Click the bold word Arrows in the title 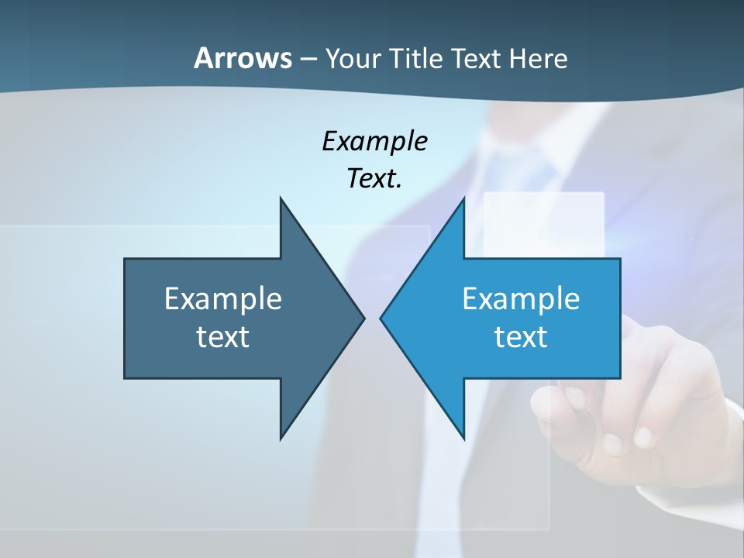coord(243,58)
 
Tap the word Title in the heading coord(417,58)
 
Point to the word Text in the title coord(476,58)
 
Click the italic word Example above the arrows coord(374,141)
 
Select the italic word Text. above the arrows coord(374,178)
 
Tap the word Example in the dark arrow coord(223,298)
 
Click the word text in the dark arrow coord(223,337)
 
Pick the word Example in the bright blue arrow coord(521,298)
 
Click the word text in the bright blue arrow coord(521,337)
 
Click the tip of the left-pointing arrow coord(381,318)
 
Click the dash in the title coord(308,59)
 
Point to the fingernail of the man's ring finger coord(612,444)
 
